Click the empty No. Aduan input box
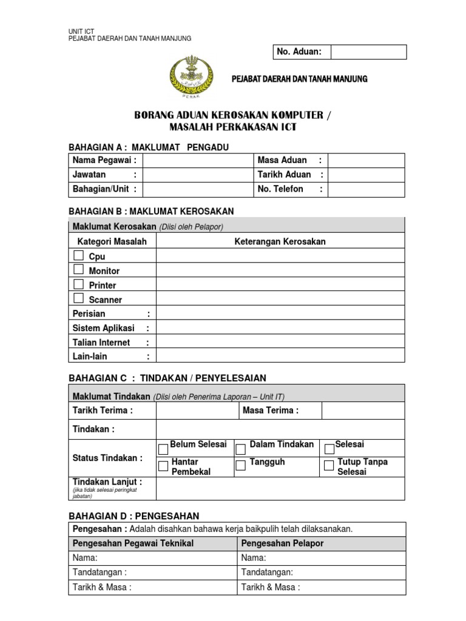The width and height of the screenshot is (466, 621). (x=368, y=52)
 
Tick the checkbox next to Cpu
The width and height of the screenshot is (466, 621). (x=79, y=255)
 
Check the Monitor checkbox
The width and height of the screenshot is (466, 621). (x=79, y=269)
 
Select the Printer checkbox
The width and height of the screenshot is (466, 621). (x=79, y=284)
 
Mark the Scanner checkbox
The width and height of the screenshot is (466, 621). (x=79, y=298)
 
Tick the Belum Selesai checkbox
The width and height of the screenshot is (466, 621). (x=163, y=449)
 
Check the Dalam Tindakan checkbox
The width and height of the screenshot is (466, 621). (x=241, y=449)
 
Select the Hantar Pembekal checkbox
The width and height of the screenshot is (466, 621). (x=163, y=466)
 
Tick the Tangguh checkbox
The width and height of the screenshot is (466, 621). (x=241, y=466)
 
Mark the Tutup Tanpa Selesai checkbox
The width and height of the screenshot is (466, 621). (x=329, y=466)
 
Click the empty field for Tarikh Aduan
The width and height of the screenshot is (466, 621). (x=366, y=175)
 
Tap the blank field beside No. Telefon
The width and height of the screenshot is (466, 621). (x=366, y=189)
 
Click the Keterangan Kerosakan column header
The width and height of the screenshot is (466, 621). (x=280, y=241)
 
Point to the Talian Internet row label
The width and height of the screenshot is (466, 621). (x=101, y=343)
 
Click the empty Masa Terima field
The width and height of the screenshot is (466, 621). (x=363, y=411)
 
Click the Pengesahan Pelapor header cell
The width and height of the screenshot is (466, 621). (x=282, y=543)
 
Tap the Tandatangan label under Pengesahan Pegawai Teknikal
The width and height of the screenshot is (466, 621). (x=100, y=572)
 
